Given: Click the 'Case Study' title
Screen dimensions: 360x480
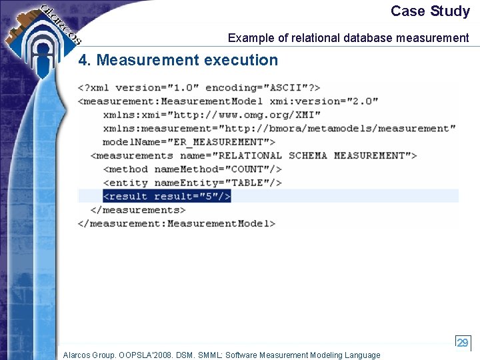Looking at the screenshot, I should click(x=430, y=11).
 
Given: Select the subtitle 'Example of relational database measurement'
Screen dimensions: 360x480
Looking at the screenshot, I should click(x=348, y=38).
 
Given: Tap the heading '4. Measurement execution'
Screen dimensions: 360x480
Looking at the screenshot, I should click(x=178, y=60).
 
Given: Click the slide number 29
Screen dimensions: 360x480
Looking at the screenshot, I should click(x=462, y=342).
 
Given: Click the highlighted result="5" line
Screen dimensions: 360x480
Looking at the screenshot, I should click(x=167, y=196).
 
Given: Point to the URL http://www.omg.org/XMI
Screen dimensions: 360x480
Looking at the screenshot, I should click(x=251, y=115).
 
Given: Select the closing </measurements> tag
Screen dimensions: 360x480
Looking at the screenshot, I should click(x=137, y=210).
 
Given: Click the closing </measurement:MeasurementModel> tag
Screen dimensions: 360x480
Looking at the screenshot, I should click(x=177, y=223).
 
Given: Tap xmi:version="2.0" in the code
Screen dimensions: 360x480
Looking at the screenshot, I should click(x=324, y=101).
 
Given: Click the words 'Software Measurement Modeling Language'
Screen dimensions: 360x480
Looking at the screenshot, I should click(x=303, y=355).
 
